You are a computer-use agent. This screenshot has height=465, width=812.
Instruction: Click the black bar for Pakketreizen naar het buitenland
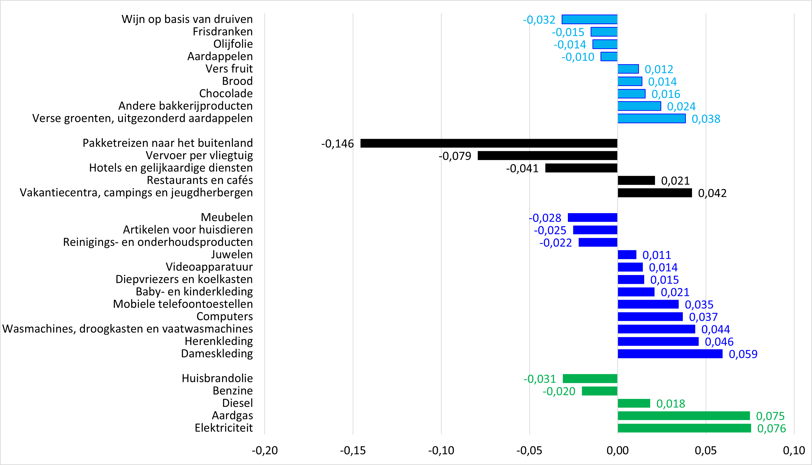point(489,143)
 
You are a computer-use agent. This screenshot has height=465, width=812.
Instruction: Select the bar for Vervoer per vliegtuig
point(548,156)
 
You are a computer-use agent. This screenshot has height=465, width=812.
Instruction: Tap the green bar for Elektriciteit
point(684,428)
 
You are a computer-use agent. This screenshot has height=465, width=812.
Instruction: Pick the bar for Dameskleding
point(670,354)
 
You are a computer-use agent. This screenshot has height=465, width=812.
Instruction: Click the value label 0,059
point(743,354)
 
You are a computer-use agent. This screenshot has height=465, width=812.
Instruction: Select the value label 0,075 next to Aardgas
point(770,416)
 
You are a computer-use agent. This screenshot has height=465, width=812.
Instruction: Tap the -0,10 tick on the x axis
point(441,450)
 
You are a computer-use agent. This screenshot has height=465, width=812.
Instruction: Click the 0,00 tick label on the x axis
point(618,450)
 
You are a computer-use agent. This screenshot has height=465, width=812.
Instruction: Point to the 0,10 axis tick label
point(794,450)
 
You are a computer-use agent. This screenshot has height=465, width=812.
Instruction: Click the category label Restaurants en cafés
point(200,180)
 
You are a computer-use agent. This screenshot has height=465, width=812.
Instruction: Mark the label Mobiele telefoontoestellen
point(183,304)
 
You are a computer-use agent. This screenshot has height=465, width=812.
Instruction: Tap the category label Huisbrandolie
point(217,378)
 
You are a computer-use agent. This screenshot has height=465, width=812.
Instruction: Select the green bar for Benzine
point(600,391)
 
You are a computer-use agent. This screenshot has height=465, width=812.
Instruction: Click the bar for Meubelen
point(592,217)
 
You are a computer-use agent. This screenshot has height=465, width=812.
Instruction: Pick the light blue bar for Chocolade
point(631,94)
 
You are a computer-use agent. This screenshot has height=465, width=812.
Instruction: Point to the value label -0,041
point(522,168)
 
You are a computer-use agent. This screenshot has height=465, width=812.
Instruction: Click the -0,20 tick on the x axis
point(265,450)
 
